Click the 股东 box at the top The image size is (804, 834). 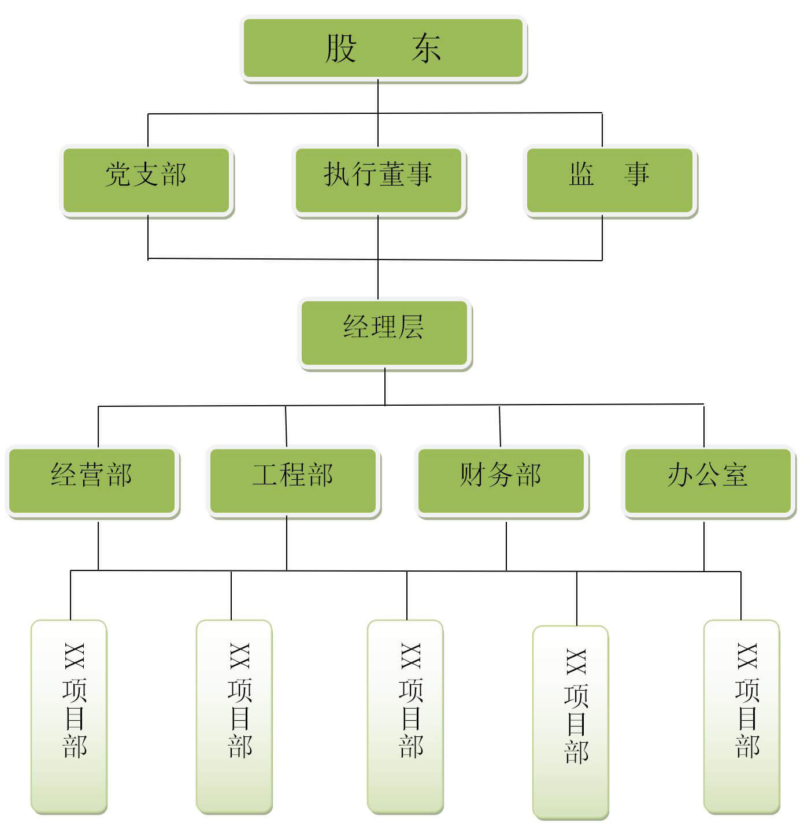[383, 49]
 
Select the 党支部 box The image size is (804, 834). [146, 180]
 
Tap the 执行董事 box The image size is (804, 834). [379, 180]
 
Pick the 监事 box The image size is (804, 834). [610, 180]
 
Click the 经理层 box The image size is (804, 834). [384, 333]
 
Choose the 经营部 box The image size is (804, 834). [92, 481]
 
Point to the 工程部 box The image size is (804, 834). [293, 481]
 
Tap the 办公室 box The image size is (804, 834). [708, 481]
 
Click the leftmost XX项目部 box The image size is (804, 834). [69, 716]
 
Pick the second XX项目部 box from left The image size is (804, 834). [234, 716]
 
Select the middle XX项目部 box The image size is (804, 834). [405, 716]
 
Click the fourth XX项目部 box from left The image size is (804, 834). [570, 722]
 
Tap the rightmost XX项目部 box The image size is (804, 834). [742, 716]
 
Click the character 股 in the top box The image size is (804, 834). [341, 48]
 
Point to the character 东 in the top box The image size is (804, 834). [427, 48]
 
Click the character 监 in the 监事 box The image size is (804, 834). [581, 174]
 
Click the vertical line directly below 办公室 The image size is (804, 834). [704, 546]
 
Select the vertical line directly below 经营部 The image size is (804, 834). [98, 546]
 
